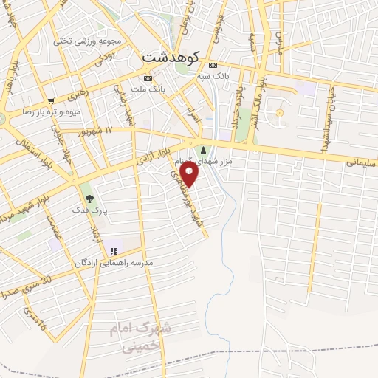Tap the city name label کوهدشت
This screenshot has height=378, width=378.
169,55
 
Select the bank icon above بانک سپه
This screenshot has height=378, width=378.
213,64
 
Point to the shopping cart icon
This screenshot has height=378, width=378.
51,101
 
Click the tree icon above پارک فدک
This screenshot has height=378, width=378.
89,198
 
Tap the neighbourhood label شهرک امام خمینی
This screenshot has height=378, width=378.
141,336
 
